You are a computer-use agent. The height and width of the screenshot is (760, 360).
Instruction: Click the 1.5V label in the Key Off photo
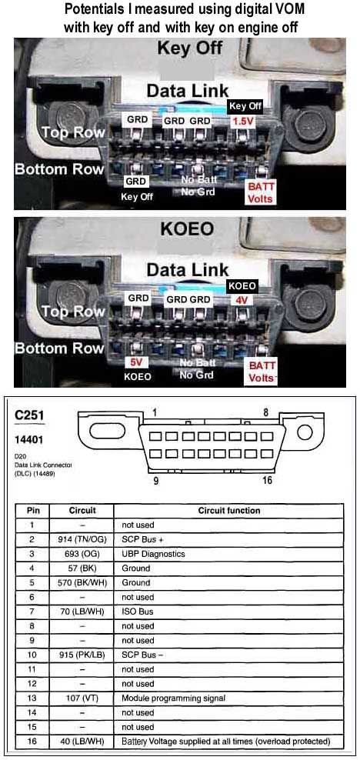tap(244, 121)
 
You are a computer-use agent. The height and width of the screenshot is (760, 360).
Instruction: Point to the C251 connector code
tap(30, 415)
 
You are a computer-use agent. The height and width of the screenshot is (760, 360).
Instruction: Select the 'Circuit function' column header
tap(228, 510)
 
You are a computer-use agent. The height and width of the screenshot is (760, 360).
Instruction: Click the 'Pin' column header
tap(33, 510)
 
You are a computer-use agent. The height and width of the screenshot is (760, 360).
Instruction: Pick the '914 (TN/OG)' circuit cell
tap(82, 539)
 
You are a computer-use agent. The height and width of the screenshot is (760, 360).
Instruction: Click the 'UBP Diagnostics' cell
tap(152, 554)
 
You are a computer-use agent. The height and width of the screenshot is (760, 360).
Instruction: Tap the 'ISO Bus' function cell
tap(136, 612)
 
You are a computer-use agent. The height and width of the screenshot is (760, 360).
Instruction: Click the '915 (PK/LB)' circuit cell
tap(82, 655)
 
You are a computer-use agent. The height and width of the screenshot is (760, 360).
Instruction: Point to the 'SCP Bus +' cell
tap(142, 539)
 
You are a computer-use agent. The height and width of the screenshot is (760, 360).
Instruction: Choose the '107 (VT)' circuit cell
tap(82, 698)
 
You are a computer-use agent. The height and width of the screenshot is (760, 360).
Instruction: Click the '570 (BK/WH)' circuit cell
tap(82, 582)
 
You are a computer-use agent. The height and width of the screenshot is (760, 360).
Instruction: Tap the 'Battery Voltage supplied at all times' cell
tap(225, 741)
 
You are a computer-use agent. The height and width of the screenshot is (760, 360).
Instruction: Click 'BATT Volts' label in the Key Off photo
tap(259, 192)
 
